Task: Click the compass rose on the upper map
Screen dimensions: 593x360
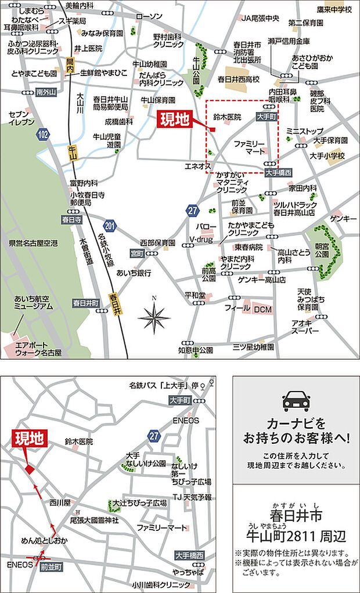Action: pos(154,316)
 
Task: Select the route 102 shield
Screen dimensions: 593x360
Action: pos(42,134)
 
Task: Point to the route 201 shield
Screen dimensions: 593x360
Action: pos(110,226)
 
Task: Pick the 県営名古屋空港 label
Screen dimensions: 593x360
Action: pos(30,244)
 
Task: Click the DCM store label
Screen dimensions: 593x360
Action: pos(263,310)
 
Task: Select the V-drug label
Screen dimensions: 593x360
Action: pos(199,239)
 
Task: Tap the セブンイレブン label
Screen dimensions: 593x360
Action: pos(23,118)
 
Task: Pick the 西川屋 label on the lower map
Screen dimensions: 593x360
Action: pos(59,502)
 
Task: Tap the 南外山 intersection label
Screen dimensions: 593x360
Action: pos(45,92)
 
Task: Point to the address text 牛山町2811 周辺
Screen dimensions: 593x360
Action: pos(296,534)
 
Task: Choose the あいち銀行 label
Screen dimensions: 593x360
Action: pos(134,272)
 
